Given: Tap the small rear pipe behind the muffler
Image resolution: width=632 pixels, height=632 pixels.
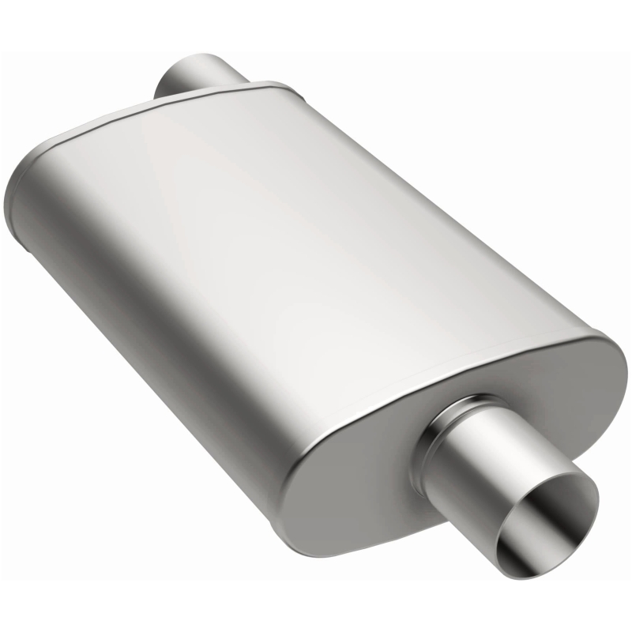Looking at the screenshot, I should coord(197,76).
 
